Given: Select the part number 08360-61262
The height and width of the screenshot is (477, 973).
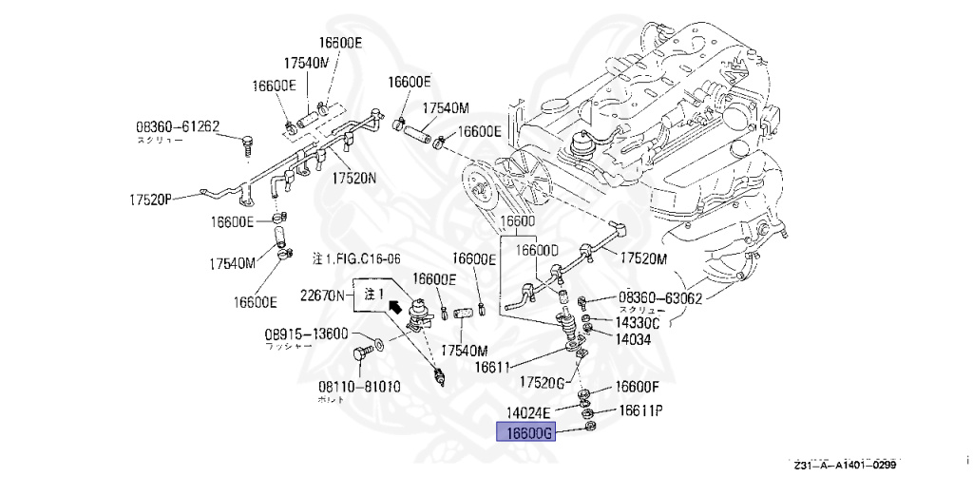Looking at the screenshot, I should (178, 125).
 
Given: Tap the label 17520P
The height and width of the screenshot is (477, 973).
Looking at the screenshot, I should (151, 200).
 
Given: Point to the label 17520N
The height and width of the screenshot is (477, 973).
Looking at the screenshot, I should (353, 178).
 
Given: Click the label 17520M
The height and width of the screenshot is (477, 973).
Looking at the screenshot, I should (644, 258).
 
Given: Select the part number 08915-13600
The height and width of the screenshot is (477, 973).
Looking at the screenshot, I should (306, 334).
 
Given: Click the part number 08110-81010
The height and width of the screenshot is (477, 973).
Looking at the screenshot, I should (358, 387).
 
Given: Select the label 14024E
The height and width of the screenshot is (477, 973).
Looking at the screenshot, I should (528, 412).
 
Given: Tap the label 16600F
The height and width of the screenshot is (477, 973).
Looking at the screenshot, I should (637, 388).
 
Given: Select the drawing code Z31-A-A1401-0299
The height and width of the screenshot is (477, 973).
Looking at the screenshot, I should (845, 465).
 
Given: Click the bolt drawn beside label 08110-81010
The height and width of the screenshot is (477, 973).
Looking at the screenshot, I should (360, 358).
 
